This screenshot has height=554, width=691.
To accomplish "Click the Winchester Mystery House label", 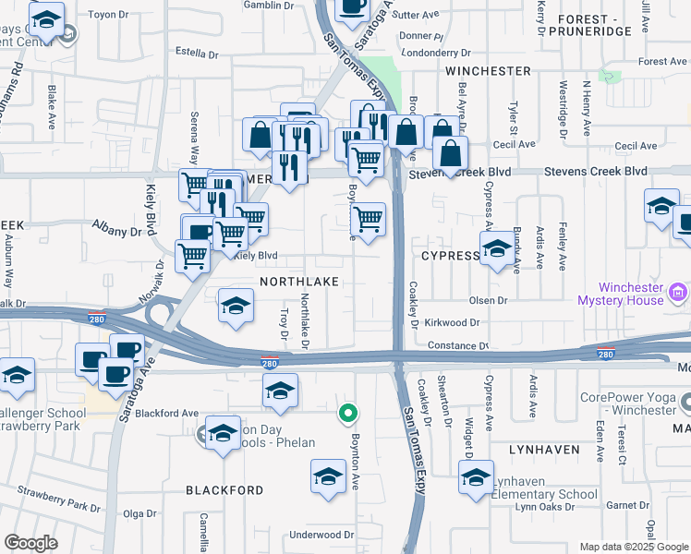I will coord(620,294).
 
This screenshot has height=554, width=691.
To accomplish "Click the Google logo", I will coord(30,543).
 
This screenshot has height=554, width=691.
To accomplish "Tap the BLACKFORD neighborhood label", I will coord(224,489).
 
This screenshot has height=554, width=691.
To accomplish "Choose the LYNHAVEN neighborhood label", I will coord(544,449).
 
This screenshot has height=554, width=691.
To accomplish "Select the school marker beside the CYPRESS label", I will coord(497,249).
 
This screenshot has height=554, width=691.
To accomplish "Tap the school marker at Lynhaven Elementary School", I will coord(477,478).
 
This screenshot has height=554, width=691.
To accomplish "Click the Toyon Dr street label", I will coord(107,15).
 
